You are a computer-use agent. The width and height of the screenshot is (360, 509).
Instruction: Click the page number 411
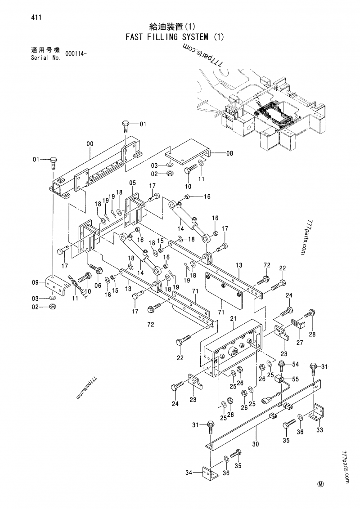tap(37, 18)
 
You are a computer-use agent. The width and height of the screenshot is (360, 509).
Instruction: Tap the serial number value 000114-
tap(76, 54)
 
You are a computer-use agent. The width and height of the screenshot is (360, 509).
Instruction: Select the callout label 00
tap(90, 143)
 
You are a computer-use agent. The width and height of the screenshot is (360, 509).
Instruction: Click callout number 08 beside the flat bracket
tap(229, 153)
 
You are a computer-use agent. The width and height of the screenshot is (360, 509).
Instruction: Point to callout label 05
tap(132, 183)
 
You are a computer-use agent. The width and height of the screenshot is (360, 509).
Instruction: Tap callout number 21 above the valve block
tap(233, 319)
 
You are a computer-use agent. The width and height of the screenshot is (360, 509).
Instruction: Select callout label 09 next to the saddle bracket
tap(36, 283)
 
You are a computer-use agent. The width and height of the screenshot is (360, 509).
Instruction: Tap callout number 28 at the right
tap(312, 334)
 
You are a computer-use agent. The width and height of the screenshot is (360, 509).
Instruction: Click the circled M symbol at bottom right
tap(320, 484)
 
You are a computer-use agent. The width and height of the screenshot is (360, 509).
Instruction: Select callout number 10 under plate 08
tap(188, 186)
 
